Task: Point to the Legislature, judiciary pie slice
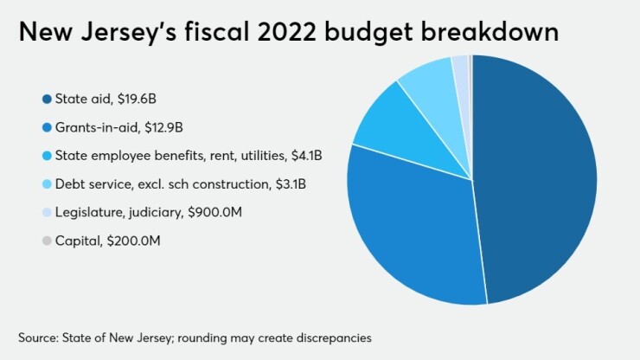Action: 460,65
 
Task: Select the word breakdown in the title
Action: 485,35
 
